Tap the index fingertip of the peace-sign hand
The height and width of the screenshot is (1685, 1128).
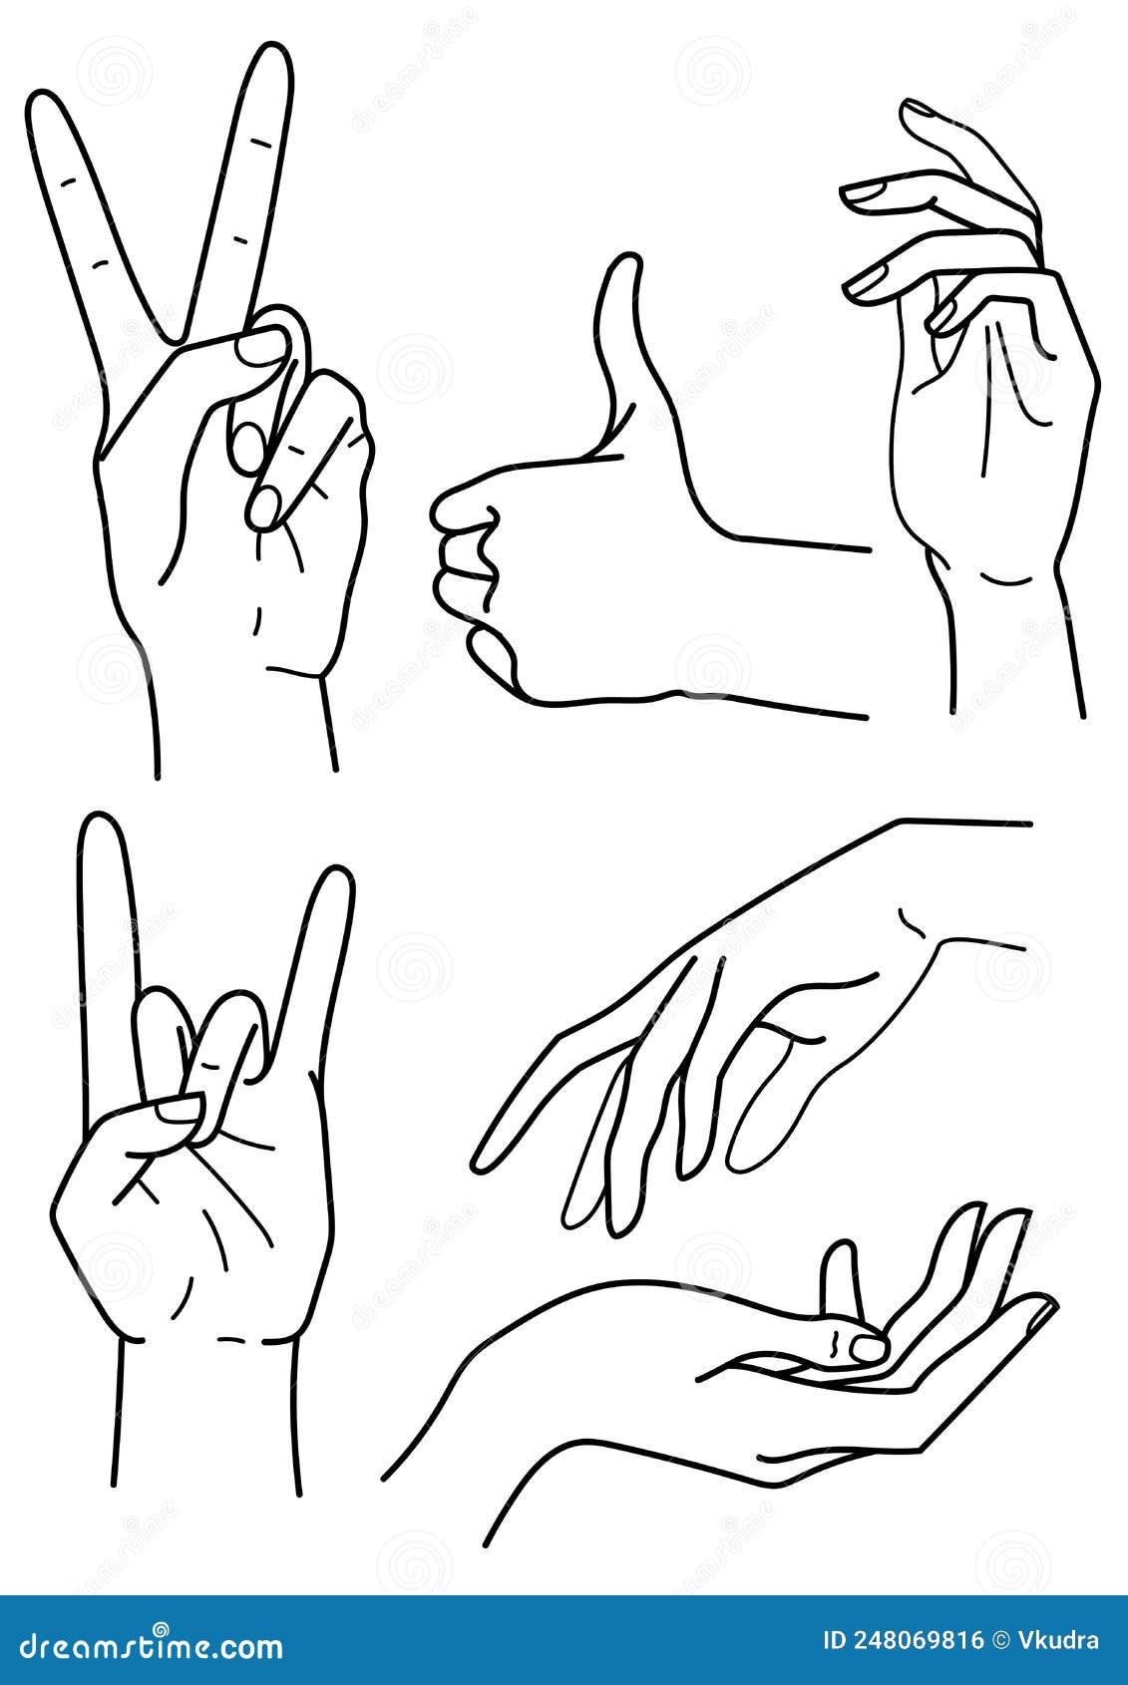click(46, 105)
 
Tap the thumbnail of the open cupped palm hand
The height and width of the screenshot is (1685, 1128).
click(868, 1349)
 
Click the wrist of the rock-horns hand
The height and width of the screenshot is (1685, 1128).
click(208, 1396)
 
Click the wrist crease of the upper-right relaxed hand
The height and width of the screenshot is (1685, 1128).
click(1007, 578)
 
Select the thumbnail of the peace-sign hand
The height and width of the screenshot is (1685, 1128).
click(260, 348)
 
